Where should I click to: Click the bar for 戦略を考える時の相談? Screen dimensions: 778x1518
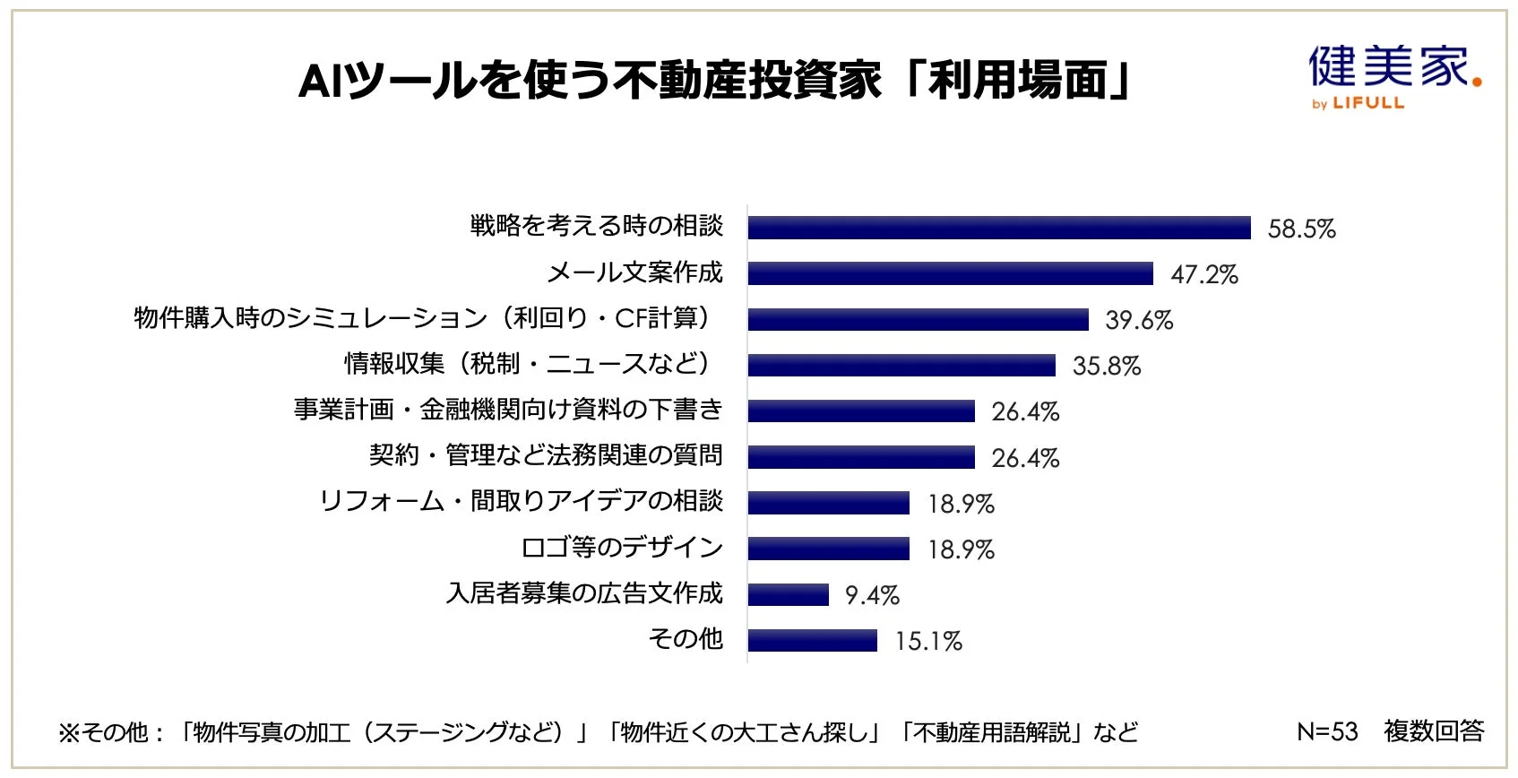[x=999, y=228]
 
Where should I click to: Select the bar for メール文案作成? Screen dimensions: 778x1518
[x=950, y=273]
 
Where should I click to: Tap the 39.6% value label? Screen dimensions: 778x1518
[x=1139, y=320]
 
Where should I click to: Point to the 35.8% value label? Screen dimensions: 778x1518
[x=1107, y=366]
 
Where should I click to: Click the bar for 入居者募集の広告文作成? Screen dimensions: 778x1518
[x=788, y=595]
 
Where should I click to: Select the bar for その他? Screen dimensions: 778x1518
[x=812, y=641]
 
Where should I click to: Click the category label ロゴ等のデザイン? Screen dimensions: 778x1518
[x=622, y=548]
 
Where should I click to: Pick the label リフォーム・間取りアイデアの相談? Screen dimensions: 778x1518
[x=521, y=501]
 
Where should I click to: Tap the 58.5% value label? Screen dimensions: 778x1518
[x=1301, y=229]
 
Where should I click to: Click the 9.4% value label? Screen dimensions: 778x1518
[x=872, y=595]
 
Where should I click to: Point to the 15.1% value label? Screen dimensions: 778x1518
[x=928, y=641]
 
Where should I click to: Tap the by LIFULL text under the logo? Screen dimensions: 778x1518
[x=1358, y=104]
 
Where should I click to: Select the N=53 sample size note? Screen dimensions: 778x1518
[x=1327, y=731]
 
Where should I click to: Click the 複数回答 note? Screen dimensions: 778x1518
[x=1434, y=731]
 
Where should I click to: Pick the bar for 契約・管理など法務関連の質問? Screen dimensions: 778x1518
[x=861, y=457]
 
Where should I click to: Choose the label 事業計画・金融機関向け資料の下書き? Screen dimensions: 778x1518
[x=508, y=410]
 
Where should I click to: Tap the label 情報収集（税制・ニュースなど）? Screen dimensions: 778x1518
[x=530, y=364]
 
